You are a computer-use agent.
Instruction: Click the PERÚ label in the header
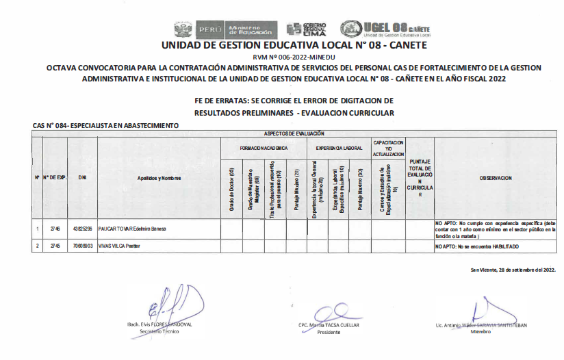coord(208,30)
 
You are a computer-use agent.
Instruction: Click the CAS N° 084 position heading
coord(105,126)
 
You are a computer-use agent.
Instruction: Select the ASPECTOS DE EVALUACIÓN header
coord(294,133)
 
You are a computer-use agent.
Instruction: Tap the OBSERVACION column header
coord(496,178)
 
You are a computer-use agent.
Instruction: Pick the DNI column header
coord(82,178)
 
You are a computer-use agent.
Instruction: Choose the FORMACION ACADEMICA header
coord(264,148)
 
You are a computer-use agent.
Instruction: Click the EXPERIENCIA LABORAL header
coord(339,148)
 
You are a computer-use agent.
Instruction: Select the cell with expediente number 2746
coord(55,229)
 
